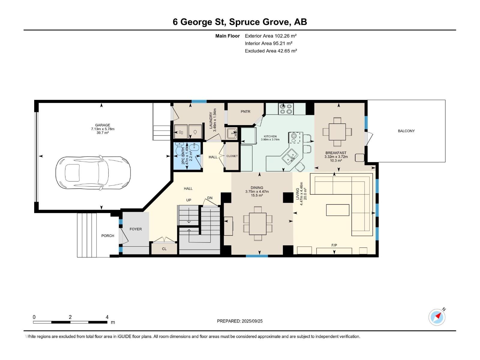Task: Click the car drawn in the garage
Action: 93,173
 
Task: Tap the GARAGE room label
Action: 103,125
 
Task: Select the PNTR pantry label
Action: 245,112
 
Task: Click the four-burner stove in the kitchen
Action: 286,109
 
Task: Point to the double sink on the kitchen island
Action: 289,156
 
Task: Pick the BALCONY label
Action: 406,131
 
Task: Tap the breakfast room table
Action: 337,132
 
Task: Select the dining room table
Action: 258,223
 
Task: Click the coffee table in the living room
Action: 337,210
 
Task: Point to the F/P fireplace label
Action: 334,245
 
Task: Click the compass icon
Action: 437,317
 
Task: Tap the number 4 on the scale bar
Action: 107,317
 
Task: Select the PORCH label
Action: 108,235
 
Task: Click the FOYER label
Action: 136,229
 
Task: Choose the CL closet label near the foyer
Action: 164,249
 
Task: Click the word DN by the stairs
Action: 210,198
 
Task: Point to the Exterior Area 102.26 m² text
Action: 271,36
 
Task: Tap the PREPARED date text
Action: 240,321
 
